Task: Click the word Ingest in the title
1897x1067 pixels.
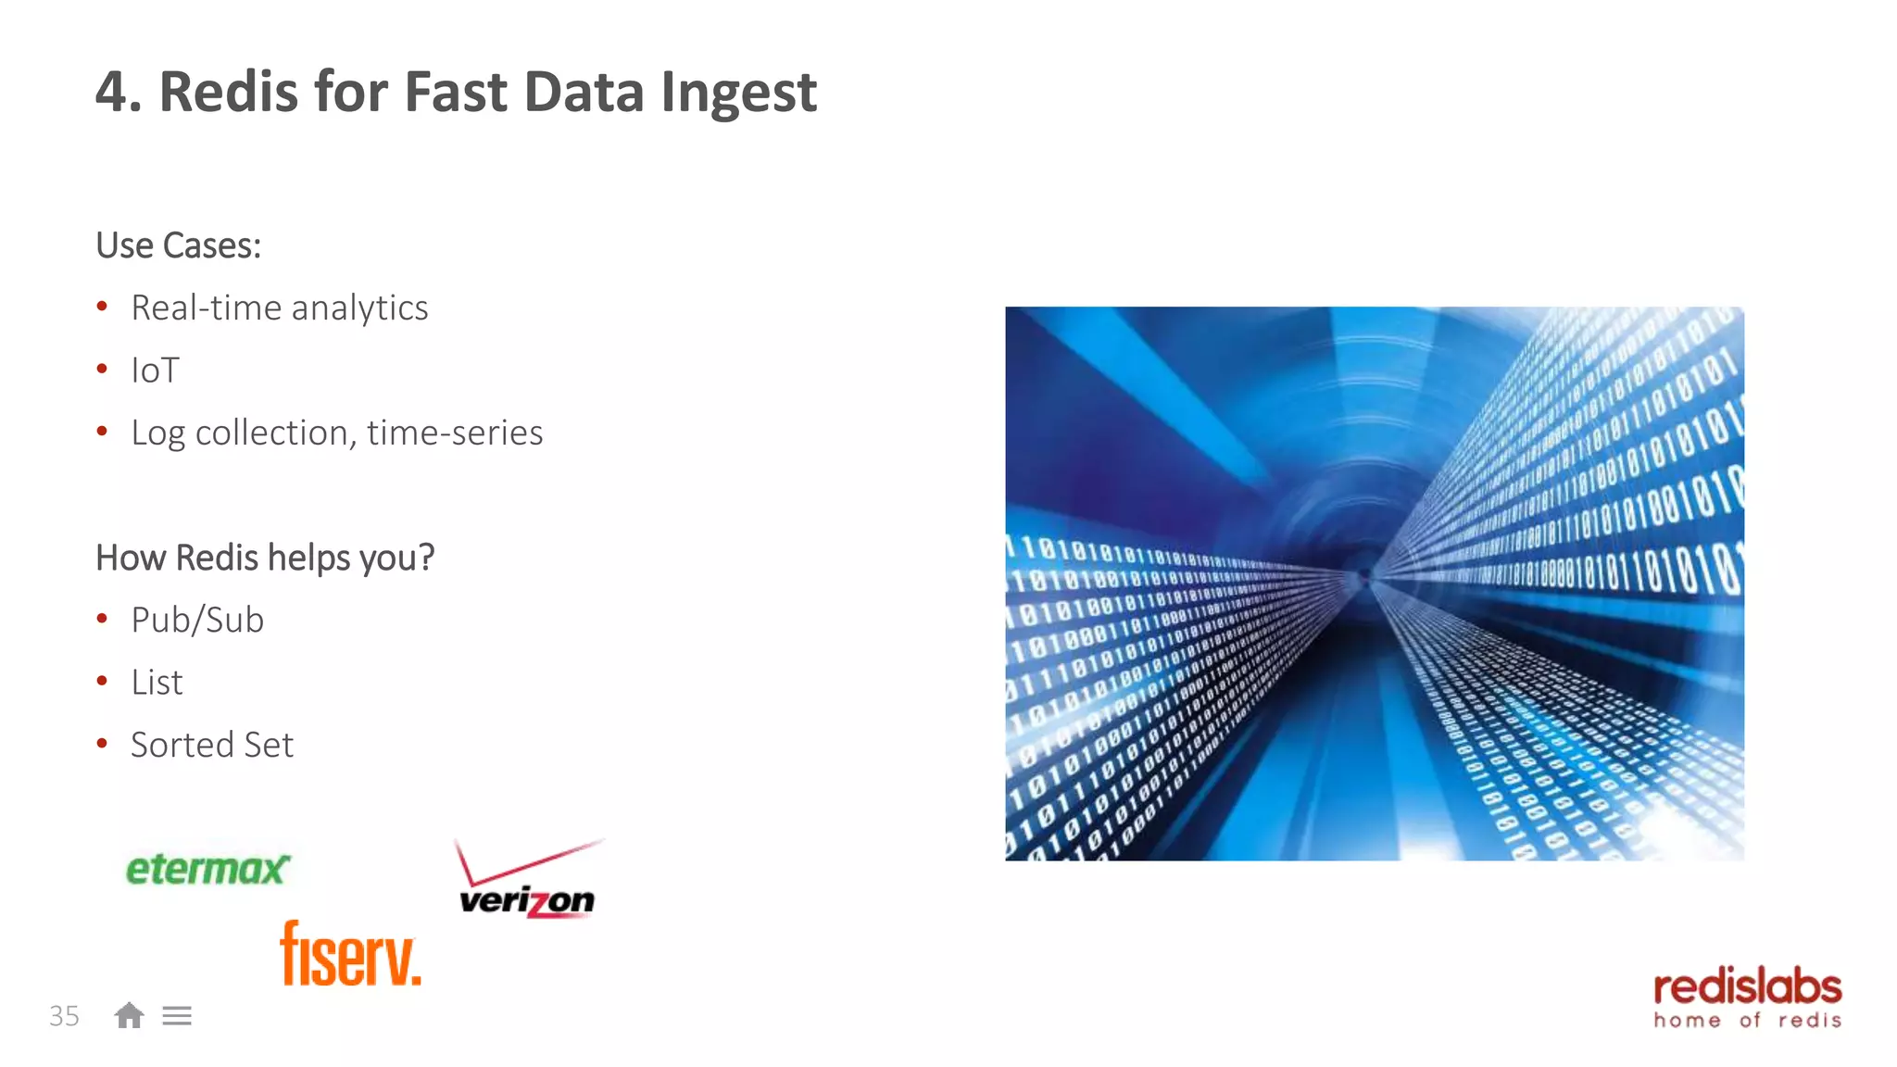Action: coord(738,93)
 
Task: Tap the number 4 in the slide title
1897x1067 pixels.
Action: coord(112,93)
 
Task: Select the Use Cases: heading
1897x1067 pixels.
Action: coord(179,245)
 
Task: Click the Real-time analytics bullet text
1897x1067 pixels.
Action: coord(279,308)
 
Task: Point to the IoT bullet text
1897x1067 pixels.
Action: coord(155,370)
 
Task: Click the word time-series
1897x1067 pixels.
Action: coord(455,433)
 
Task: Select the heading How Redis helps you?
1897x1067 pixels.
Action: coord(265,558)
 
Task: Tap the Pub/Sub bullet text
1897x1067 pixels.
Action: coord(197,620)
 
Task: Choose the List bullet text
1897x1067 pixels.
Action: coord(157,683)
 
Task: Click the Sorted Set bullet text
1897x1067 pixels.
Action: coord(212,745)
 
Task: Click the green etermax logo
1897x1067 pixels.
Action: coord(207,869)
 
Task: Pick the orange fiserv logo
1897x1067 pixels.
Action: coord(350,954)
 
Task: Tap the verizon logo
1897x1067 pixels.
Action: coord(527,900)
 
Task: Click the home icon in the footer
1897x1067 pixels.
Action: coord(129,1016)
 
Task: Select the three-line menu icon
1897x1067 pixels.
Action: coord(177,1016)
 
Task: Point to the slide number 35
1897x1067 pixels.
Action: coord(64,1016)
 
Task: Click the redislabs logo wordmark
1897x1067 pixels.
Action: coord(1747,987)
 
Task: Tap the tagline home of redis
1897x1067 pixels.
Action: coord(1747,1021)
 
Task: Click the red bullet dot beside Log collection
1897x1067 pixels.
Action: coord(102,431)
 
